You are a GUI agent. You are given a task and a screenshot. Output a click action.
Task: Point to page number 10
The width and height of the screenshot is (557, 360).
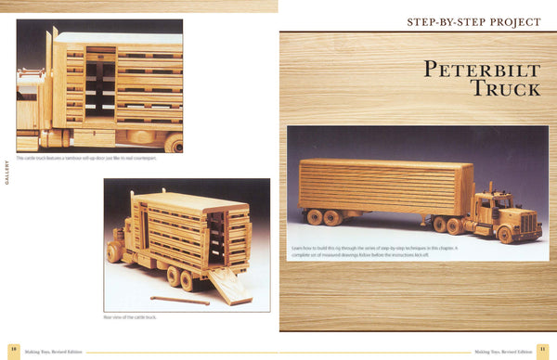14,352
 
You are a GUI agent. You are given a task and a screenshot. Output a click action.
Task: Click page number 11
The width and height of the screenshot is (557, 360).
543,352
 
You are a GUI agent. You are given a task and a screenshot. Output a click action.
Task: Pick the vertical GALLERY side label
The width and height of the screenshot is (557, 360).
7,172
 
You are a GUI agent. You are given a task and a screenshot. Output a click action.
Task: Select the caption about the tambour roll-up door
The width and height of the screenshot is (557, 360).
82,158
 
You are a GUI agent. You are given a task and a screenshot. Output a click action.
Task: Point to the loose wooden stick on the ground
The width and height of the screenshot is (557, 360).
181,300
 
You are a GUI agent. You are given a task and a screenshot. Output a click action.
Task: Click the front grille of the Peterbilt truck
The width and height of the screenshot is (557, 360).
529,224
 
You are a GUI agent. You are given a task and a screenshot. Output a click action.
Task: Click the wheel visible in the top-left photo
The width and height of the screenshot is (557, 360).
174,143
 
